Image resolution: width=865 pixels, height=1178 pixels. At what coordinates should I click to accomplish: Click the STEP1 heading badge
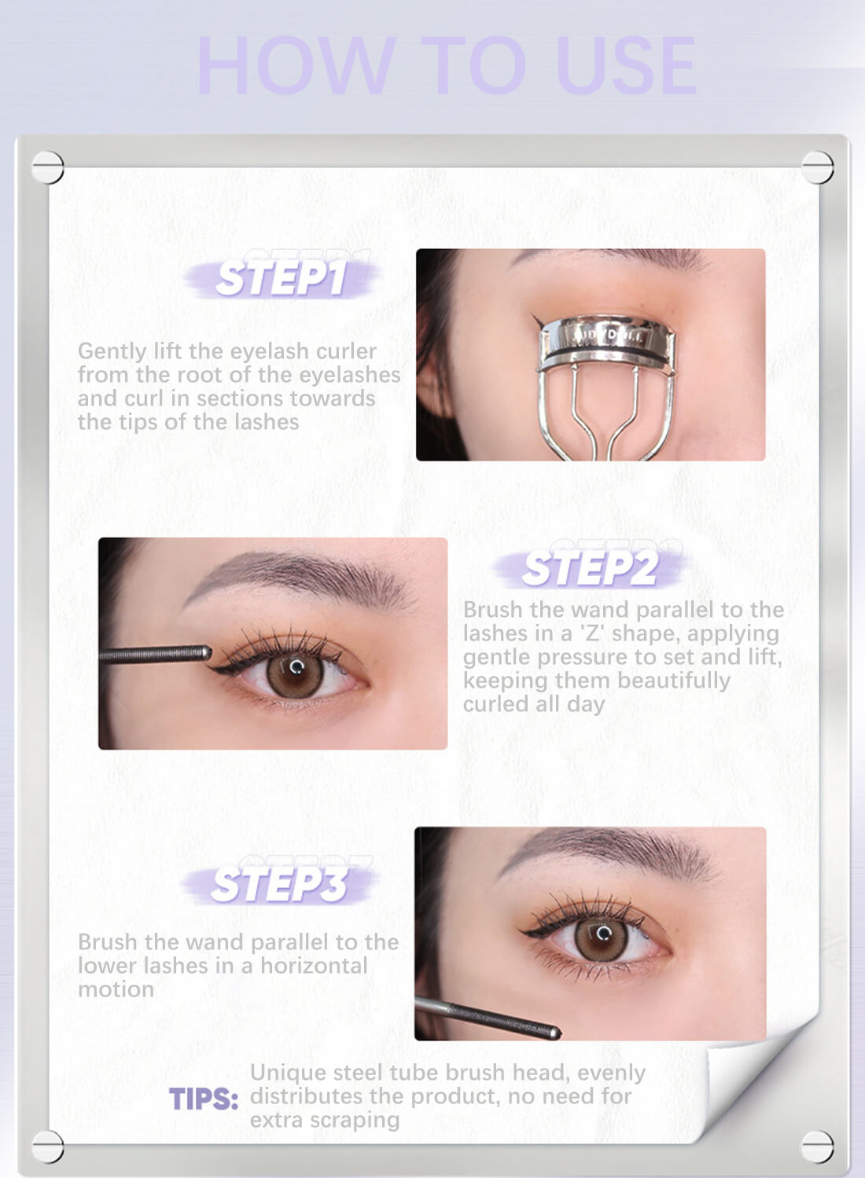tap(281, 278)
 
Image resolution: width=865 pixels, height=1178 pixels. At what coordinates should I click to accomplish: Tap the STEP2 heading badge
tap(590, 568)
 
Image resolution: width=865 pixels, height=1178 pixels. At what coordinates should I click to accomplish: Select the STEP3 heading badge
tap(279, 885)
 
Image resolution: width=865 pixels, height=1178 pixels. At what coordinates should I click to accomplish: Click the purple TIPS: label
tap(203, 1099)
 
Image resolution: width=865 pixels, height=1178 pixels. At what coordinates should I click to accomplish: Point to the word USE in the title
tap(625, 66)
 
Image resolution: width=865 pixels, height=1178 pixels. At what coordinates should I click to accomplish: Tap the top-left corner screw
tap(47, 167)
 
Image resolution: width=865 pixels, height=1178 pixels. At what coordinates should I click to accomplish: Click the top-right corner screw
tap(817, 167)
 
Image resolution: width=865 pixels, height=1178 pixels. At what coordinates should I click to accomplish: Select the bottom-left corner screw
tap(47, 1146)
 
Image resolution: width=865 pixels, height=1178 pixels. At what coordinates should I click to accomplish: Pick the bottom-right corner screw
tap(817, 1146)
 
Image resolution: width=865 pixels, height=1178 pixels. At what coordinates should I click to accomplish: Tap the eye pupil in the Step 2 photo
tap(296, 672)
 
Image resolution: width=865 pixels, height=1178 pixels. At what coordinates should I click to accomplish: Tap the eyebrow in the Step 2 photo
tap(299, 574)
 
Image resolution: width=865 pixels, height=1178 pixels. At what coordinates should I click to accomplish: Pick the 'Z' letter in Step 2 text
tap(590, 633)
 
